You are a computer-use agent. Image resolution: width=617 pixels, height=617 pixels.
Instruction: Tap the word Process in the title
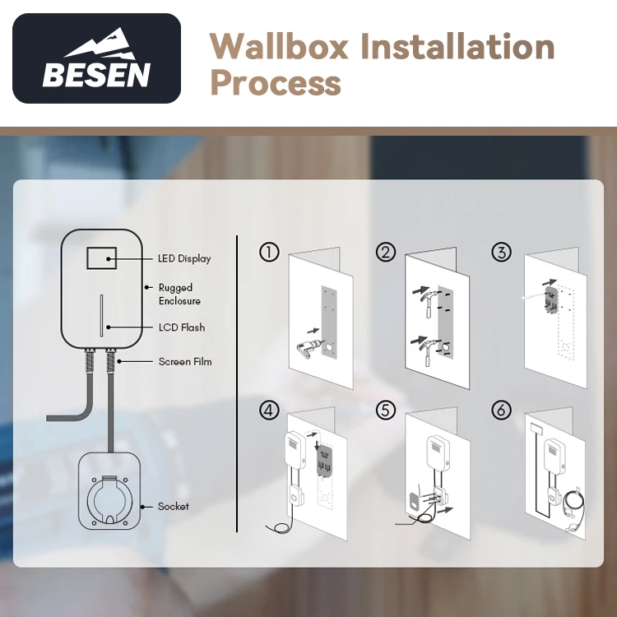276,82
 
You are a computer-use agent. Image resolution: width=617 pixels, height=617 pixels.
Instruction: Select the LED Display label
184,258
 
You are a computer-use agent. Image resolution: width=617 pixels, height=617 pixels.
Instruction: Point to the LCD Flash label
182,327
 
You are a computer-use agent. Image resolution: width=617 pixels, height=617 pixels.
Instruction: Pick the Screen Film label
184,361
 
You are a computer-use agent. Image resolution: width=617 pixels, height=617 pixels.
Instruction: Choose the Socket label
173,506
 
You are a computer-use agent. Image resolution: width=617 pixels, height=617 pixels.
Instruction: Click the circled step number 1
268,253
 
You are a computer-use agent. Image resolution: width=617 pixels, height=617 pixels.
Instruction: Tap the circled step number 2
385,253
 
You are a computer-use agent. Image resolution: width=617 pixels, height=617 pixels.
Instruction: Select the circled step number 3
501,253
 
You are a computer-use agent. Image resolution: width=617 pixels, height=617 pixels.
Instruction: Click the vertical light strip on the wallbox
102,314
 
